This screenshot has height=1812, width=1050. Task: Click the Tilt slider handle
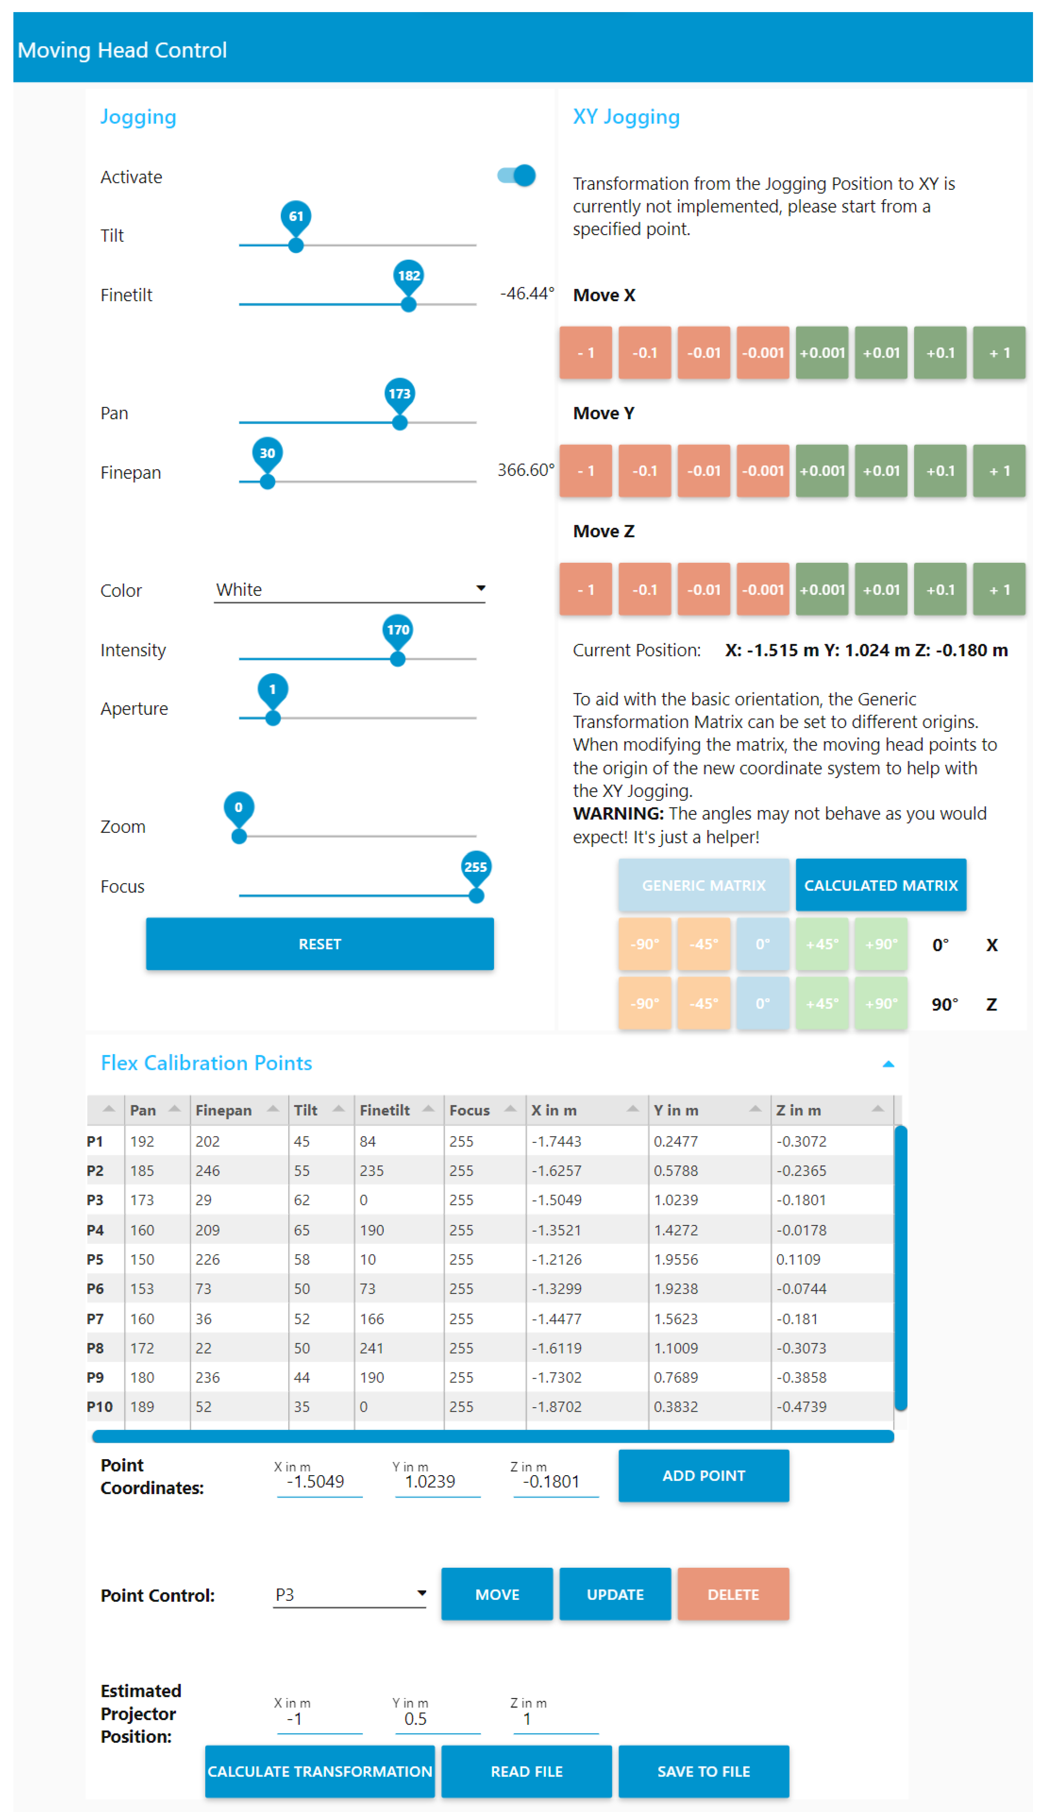tap(295, 245)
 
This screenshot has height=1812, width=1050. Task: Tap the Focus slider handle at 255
tap(476, 895)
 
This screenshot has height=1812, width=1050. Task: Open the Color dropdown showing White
tap(349, 590)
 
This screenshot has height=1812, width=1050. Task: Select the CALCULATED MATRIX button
tap(880, 885)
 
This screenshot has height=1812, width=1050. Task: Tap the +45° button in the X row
tap(822, 944)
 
